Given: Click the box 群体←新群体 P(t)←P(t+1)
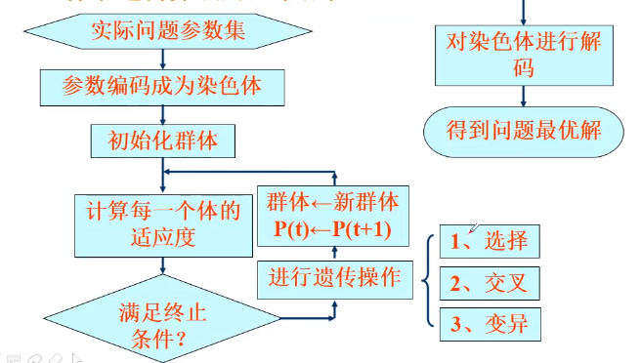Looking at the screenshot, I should click(x=333, y=218).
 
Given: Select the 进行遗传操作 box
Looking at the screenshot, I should click(x=334, y=277).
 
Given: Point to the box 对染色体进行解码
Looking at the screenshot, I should click(x=524, y=54).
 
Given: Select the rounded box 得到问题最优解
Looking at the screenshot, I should click(x=524, y=130).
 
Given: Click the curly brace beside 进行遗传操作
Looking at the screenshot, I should click(x=427, y=282).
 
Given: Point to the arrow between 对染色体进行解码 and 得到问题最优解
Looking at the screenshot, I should click(x=524, y=96).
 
